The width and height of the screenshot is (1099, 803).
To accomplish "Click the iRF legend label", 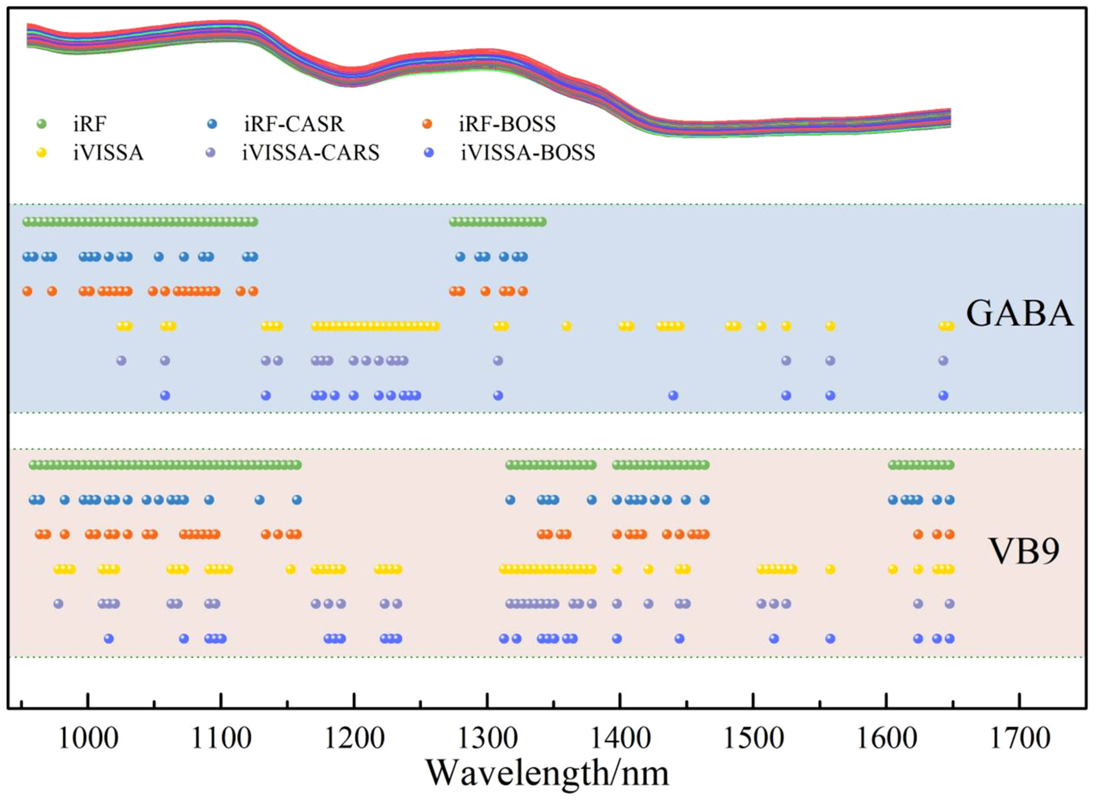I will (x=89, y=124).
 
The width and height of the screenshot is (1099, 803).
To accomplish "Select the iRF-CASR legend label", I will (x=294, y=124).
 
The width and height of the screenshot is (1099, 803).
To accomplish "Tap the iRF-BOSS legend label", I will (x=507, y=124).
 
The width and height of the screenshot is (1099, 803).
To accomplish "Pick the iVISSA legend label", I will (x=108, y=153).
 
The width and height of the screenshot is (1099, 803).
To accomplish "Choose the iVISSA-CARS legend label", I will (x=311, y=153).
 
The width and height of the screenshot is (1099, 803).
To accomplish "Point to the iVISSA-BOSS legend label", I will (x=528, y=153).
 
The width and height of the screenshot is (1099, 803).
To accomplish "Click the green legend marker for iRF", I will (x=42, y=124).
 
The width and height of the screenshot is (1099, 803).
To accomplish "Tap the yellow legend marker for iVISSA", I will (x=42, y=153).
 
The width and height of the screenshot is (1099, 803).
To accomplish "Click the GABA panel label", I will (x=1019, y=314).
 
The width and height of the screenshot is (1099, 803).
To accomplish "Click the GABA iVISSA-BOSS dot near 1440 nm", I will (x=673, y=396).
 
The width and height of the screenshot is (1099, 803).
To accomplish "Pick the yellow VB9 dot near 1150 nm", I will (x=290, y=569).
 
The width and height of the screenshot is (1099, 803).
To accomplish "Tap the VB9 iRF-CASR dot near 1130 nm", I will (x=260, y=500).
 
